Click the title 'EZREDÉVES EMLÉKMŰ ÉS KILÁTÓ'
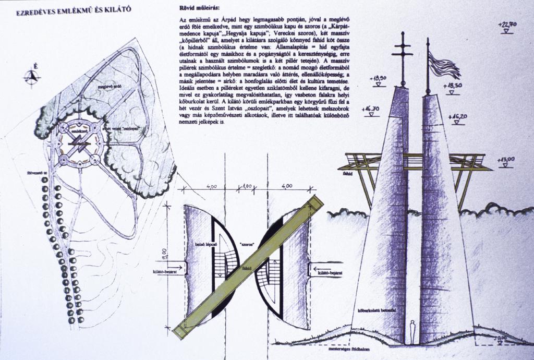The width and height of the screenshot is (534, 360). point(74,10)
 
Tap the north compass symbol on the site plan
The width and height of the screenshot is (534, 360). point(32,77)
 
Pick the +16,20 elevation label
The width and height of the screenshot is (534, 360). point(456,117)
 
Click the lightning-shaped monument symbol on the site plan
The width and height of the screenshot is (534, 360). point(79,142)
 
